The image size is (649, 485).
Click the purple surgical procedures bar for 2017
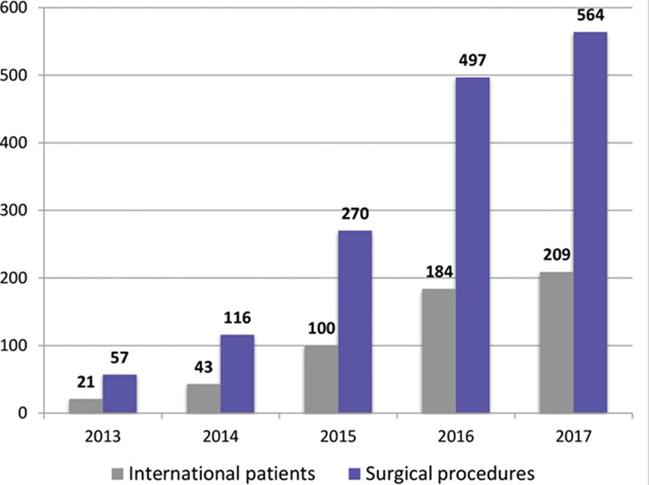tap(590, 222)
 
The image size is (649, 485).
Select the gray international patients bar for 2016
tap(439, 351)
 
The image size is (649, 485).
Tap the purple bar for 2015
tap(355, 321)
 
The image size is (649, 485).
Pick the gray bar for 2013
tap(86, 406)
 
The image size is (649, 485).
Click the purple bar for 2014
tap(237, 374)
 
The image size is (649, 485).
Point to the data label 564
tap(590, 15)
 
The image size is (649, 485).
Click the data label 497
tap(472, 60)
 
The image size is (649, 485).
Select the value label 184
tap(439, 272)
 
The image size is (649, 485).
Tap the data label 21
tap(86, 382)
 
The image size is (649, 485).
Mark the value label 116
tap(237, 318)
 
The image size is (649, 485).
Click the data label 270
tap(355, 213)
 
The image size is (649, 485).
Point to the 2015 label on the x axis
tap(338, 437)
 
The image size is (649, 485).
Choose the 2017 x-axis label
tap(574, 437)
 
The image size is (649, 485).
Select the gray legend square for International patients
tap(117, 474)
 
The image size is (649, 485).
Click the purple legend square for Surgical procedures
tap(355, 474)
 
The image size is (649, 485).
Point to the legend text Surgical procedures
tap(450, 474)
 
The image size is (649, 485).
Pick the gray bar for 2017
tap(557, 342)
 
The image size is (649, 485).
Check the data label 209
tap(557, 254)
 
